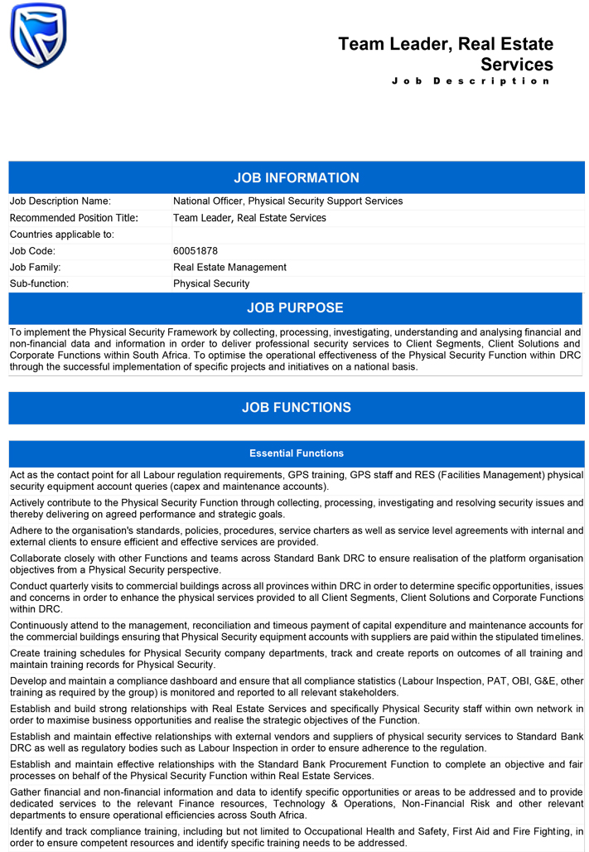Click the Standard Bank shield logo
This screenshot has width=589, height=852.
[38, 36]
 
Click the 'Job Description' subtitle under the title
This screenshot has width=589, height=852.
[471, 81]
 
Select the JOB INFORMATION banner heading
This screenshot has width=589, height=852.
[296, 178]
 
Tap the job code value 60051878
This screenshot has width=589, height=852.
[196, 250]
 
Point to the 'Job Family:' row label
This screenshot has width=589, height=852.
[35, 267]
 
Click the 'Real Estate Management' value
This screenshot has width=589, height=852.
[229, 267]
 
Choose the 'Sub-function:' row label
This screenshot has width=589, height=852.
[39, 283]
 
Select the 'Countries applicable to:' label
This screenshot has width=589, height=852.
[61, 235]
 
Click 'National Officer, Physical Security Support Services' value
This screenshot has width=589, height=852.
[287, 201]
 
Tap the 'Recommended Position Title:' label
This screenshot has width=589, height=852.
[74, 218]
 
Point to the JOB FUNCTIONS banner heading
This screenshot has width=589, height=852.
[296, 408]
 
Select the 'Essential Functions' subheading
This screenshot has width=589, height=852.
[296, 453]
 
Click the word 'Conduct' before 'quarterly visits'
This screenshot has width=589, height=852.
[30, 585]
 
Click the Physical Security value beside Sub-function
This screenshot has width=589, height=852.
[211, 283]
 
